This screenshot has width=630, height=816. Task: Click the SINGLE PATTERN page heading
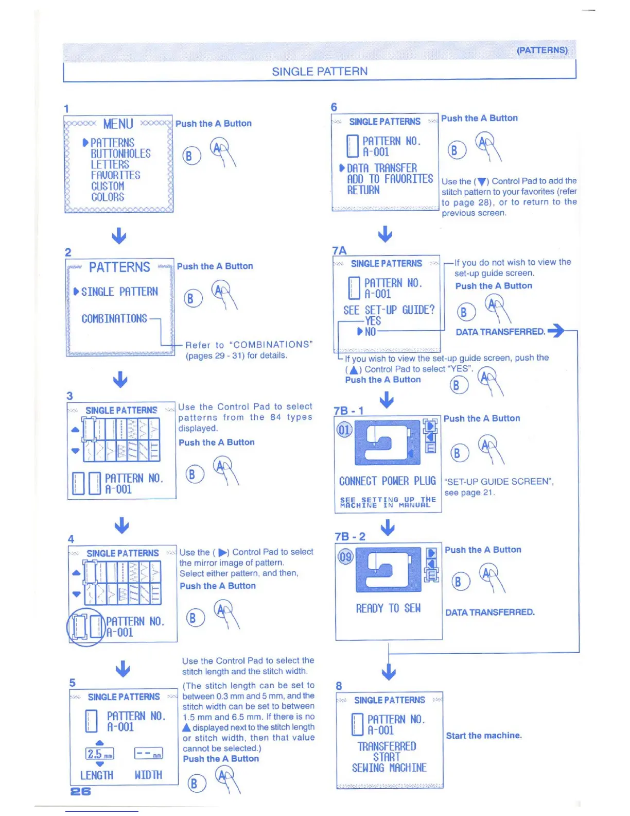320,71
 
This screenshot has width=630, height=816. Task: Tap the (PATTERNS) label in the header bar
542,50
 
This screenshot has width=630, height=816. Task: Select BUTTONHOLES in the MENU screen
120,154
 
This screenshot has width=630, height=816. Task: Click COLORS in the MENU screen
108,197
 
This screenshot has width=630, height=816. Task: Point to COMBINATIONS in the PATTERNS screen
114,318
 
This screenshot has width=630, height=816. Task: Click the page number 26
80,791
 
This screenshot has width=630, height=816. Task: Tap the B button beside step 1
190,156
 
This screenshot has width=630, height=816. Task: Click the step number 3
69,396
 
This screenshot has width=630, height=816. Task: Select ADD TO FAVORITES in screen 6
390,179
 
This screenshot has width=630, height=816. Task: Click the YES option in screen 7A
373,320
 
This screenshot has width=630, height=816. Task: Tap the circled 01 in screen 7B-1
344,430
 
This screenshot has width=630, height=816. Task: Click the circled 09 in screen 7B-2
345,556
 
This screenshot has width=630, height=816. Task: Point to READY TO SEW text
388,608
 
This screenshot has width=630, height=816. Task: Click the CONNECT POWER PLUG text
387,481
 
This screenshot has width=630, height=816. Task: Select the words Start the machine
484,735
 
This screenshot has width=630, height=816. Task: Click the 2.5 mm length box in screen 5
100,754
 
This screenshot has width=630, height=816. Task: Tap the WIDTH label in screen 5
148,775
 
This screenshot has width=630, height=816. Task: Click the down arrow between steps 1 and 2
119,236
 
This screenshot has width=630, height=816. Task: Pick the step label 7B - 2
350,536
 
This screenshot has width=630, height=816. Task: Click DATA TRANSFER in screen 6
382,168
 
